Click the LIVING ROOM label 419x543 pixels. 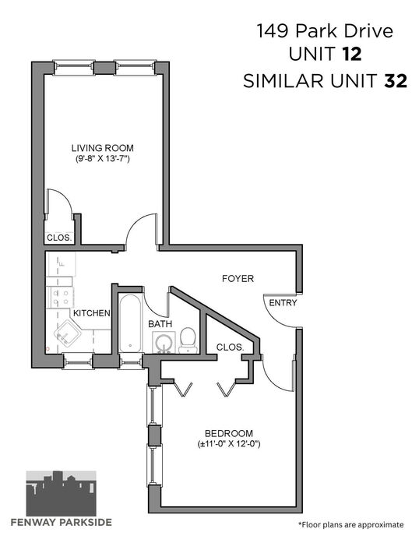103,148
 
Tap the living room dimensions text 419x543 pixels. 103,159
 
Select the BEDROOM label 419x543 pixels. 229,433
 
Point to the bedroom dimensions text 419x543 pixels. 229,443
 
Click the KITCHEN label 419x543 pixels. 92,313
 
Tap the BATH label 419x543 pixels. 160,324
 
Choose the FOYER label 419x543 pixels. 238,278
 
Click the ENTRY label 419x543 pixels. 283,303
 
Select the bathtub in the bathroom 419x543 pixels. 131,323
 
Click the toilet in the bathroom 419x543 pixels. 188,340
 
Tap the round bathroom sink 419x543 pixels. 164,343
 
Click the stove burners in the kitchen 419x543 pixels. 60,298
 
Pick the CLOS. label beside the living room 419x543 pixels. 59,238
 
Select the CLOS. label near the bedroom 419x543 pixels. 231,347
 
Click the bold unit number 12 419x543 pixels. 352,55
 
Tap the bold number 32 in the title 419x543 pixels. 395,81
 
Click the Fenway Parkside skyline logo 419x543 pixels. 62,493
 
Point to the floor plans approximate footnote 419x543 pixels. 350,524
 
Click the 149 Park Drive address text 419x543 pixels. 325,31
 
